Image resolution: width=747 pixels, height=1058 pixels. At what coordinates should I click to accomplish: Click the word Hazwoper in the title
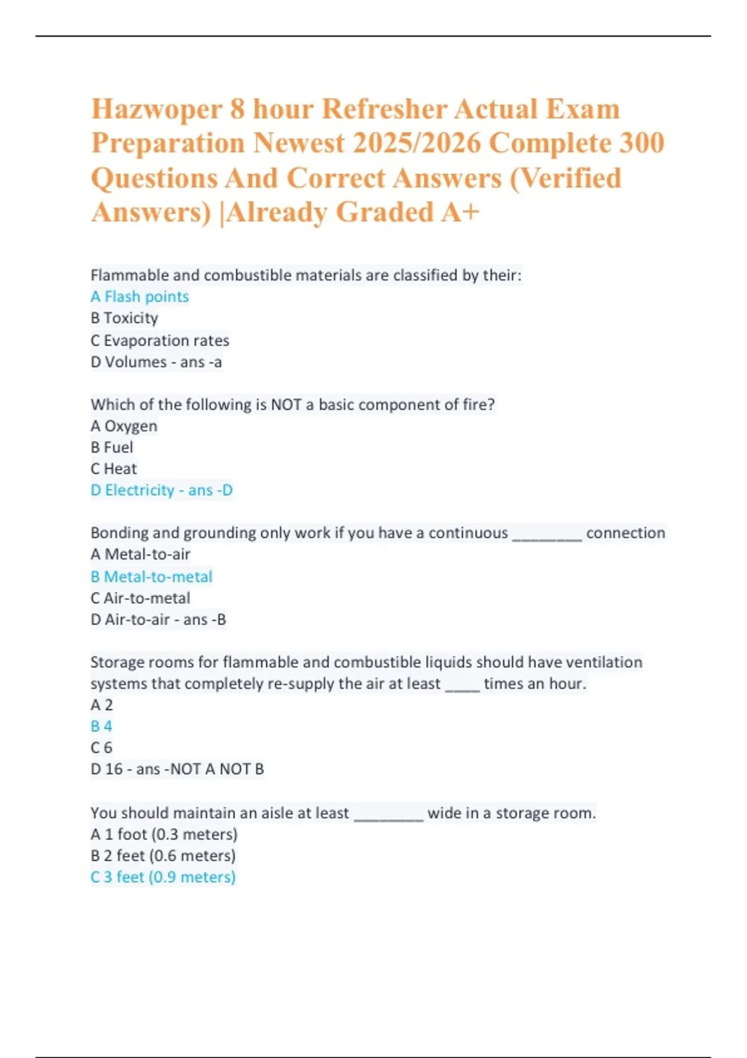[x=156, y=110]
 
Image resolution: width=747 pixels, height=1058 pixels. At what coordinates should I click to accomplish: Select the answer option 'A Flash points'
[x=139, y=297]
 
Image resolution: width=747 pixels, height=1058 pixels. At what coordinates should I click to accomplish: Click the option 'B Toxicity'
[x=125, y=318]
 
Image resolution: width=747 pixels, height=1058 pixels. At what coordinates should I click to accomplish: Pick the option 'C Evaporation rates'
[x=160, y=340]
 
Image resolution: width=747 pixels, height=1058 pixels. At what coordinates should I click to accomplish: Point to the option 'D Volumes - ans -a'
[x=156, y=362]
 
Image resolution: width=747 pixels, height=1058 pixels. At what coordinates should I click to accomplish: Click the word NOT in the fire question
[x=286, y=405]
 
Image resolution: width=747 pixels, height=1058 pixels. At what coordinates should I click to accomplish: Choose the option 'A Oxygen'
[x=124, y=426]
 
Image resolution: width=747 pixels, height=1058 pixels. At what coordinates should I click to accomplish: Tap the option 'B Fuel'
[x=112, y=447]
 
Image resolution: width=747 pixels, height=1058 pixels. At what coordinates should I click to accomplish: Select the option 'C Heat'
[x=113, y=469]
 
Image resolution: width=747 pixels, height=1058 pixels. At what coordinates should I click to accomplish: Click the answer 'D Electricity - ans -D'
[x=162, y=490]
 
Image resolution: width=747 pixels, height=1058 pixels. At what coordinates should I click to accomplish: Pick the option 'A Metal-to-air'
[x=141, y=555]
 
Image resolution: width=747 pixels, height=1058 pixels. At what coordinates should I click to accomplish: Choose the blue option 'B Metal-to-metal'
[x=151, y=577]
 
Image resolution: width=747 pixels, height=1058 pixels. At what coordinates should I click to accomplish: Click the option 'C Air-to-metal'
[x=141, y=598]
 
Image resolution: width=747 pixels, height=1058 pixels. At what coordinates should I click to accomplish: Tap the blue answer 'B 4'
[x=101, y=726]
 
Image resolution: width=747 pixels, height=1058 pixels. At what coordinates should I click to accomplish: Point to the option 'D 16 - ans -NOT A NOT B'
[x=177, y=769]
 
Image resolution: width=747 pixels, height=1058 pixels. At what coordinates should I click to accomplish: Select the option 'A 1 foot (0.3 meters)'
[x=164, y=834]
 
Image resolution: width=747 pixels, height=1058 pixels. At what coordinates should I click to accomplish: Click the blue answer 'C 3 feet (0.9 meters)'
[x=163, y=877]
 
